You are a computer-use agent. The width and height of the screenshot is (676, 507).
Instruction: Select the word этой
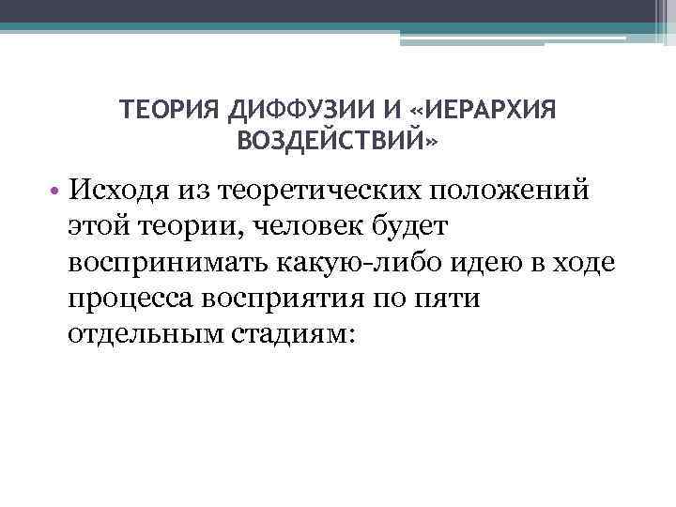pos(94,227)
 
